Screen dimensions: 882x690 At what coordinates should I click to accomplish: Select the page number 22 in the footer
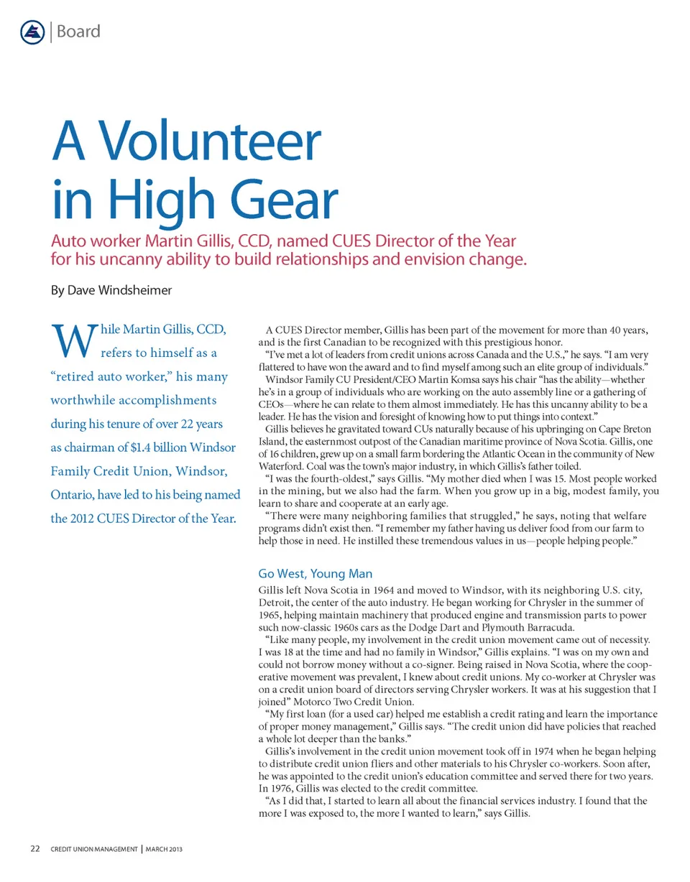[x=34, y=850]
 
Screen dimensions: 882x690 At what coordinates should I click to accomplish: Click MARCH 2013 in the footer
[x=163, y=850]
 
